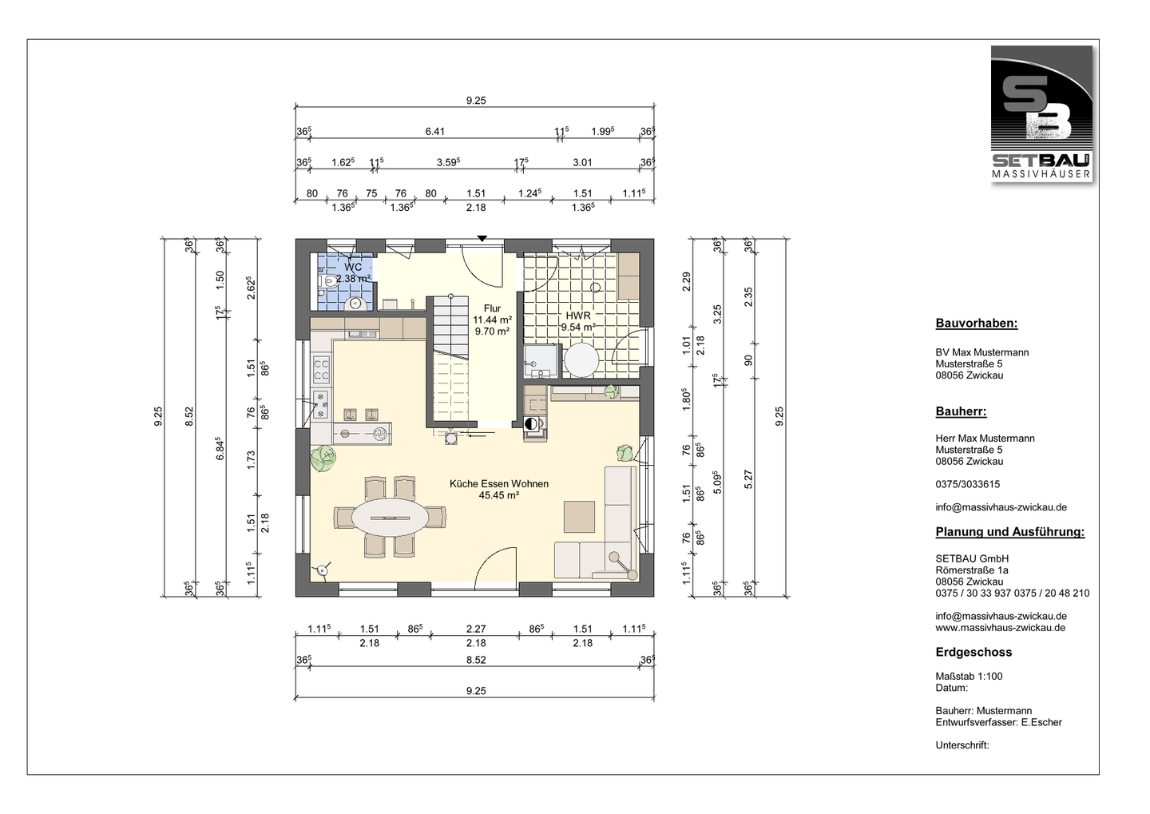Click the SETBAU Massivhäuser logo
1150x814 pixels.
(1041, 113)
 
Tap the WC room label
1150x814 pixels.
(353, 267)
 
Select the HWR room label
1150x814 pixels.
(578, 316)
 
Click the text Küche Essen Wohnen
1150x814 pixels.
(499, 484)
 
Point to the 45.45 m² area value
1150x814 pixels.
(499, 495)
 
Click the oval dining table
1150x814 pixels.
(391, 518)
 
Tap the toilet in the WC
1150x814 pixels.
(327, 280)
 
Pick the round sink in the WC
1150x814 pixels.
(355, 304)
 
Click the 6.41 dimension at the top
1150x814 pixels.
(434, 132)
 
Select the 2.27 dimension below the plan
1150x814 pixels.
(476, 629)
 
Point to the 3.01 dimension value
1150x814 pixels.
(582, 163)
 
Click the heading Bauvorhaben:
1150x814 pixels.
(977, 324)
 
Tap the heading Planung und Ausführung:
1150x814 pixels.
(1009, 532)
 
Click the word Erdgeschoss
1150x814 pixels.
(974, 652)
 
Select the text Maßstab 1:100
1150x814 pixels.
(969, 677)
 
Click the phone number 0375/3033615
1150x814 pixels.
(967, 484)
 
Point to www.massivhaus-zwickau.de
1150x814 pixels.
(1000, 628)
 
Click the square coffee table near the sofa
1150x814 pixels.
(579, 517)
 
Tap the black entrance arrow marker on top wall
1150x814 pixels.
(482, 238)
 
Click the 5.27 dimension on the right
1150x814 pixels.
(748, 479)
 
